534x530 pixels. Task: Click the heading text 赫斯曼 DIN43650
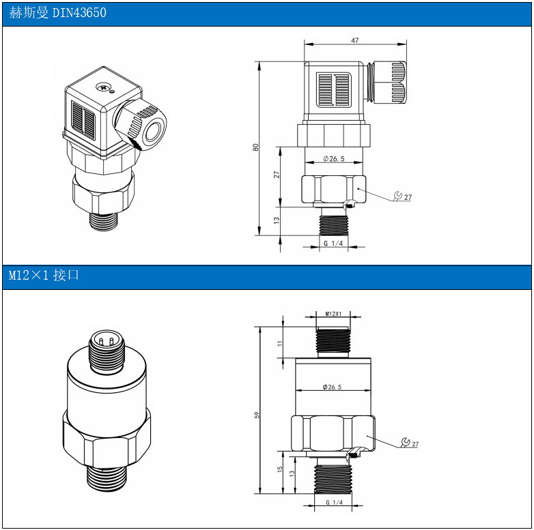point(57,13)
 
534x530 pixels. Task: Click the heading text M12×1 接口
point(44,275)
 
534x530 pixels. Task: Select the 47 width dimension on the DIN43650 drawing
point(355,40)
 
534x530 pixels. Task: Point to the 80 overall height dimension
point(256,147)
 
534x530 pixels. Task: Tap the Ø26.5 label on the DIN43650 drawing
point(334,159)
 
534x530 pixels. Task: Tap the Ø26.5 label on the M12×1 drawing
point(332,387)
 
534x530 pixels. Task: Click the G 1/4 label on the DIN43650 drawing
point(333,244)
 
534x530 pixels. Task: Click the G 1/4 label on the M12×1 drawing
point(334,503)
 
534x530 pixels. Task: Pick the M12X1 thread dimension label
point(333,314)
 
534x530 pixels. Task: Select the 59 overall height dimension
point(257,415)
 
